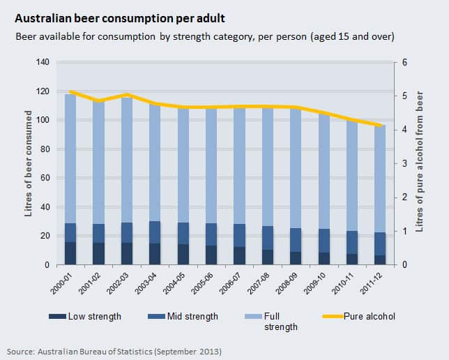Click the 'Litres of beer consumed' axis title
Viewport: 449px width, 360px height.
tap(29, 164)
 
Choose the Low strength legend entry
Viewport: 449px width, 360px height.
tap(85, 316)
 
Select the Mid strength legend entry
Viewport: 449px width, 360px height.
tap(184, 316)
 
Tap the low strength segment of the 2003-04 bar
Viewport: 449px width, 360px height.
tap(155, 254)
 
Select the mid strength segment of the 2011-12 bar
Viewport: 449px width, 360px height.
tap(380, 243)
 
